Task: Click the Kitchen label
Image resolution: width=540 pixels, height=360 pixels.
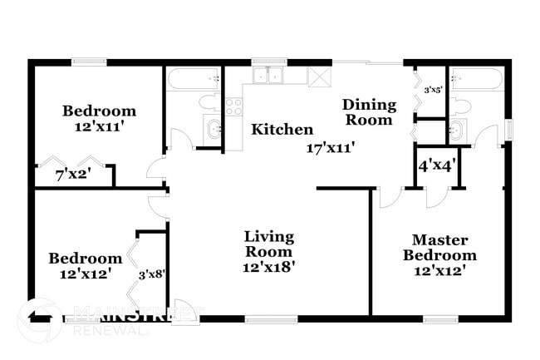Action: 282,130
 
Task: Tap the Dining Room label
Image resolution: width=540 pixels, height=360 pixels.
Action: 367,111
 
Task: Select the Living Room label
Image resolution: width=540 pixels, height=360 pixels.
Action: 268,244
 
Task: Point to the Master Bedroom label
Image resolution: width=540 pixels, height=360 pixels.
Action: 444,247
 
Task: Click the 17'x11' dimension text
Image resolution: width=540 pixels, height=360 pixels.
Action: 331,148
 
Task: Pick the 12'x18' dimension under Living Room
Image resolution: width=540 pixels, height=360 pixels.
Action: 268,268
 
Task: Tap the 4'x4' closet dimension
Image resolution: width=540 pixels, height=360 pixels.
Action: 435,165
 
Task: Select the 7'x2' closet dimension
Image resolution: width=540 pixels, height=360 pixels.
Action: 73,175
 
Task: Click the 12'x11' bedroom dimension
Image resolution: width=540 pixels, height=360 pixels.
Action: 99,127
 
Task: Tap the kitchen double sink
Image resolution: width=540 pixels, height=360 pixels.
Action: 268,76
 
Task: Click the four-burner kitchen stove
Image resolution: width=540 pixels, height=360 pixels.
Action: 233,106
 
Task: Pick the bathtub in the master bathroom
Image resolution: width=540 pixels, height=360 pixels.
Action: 475,79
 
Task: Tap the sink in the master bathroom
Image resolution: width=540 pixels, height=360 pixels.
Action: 457,130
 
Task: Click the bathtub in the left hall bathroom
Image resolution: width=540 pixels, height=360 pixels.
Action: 194,79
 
